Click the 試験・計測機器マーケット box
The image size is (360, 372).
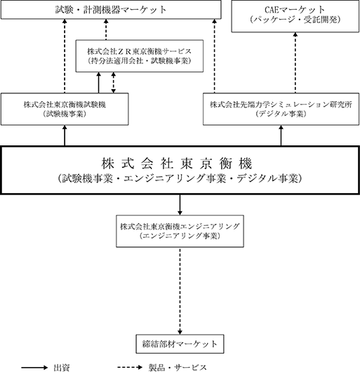tap(111, 10)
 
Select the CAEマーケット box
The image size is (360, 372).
tap(295, 16)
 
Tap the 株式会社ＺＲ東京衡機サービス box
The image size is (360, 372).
tap(140, 56)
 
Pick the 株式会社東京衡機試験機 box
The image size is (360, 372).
tap(65, 109)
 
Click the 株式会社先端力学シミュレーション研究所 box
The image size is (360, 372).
tap(281, 109)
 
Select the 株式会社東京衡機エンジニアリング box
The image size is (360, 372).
tap(180, 231)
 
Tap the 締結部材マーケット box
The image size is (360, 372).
tap(180, 344)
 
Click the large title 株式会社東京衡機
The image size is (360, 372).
tap(177, 164)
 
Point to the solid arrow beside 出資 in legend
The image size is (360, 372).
tap(34, 368)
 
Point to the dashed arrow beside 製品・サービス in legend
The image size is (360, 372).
tap(131, 368)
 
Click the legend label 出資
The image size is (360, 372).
tap(62, 368)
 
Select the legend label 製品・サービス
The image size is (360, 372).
tap(178, 368)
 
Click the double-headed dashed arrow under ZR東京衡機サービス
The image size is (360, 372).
tap(114, 83)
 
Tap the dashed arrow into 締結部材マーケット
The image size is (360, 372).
tap(180, 291)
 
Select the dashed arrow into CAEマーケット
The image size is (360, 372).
tap(295, 62)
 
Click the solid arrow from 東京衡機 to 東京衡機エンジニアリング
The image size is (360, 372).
tap(180, 205)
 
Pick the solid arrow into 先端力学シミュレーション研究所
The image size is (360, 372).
tap(281, 135)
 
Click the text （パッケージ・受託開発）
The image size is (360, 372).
tap(295, 20)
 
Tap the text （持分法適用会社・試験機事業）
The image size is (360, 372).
tap(140, 61)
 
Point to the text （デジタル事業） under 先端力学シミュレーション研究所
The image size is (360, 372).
tap(281, 114)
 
